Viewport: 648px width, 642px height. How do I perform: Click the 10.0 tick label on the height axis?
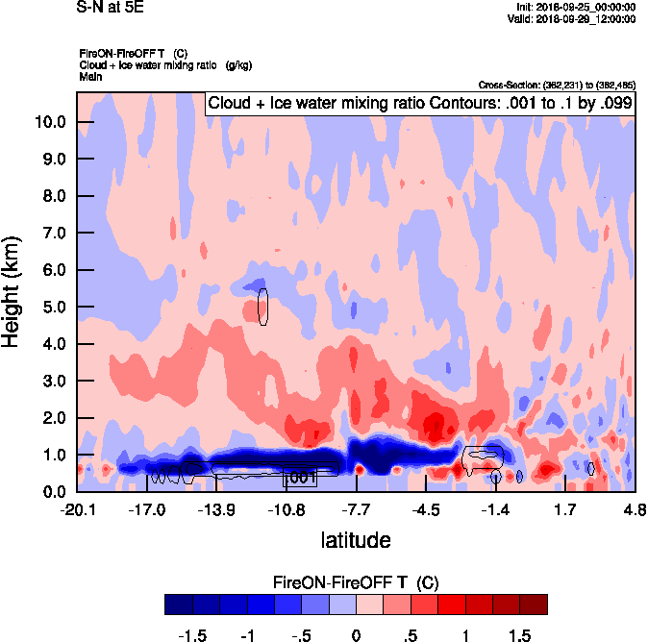[x=50, y=122]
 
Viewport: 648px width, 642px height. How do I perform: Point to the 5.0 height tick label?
[x=54, y=307]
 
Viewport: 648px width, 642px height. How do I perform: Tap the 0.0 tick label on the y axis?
[x=54, y=491]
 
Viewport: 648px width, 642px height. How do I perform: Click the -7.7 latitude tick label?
[x=356, y=508]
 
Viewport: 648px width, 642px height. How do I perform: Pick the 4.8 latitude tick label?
[x=634, y=508]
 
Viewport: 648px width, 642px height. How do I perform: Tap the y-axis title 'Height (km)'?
[x=13, y=290]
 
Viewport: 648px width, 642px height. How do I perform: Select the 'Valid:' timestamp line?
[x=573, y=18]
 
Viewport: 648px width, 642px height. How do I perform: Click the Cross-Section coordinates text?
[x=555, y=86]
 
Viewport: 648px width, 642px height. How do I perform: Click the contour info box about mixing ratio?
[x=419, y=103]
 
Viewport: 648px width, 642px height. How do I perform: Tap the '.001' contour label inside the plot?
[x=301, y=478]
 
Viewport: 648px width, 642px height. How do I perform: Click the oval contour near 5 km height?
[x=263, y=307]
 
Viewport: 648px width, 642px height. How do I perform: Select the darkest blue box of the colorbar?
[x=178, y=604]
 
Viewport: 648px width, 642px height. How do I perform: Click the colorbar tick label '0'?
[x=356, y=636]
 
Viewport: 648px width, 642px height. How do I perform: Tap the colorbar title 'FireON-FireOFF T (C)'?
[x=356, y=582]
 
